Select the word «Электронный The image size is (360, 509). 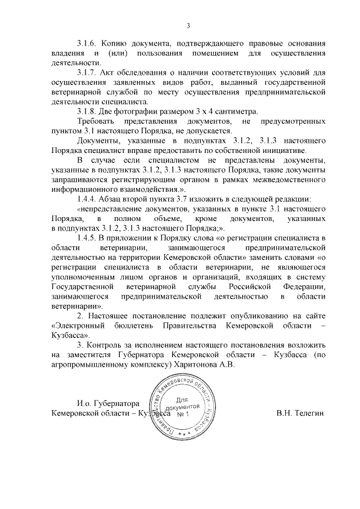pos(79,326)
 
